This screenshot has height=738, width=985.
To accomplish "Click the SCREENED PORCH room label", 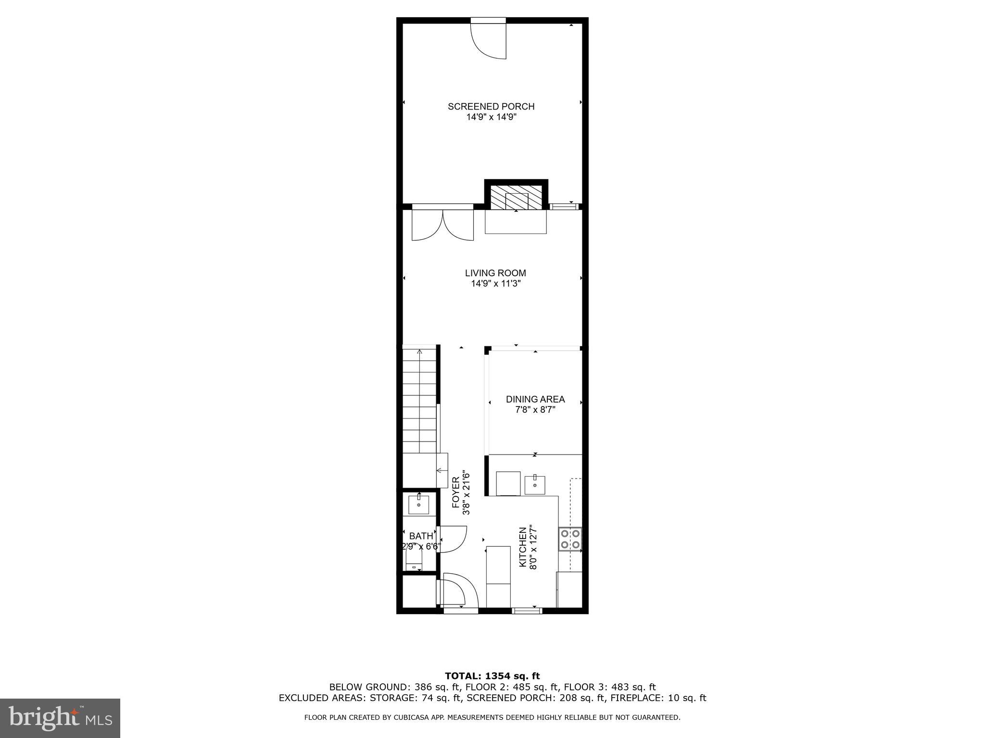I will point(491,107).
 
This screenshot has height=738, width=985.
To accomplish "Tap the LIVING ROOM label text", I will point(495,273).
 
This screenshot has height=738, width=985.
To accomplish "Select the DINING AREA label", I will point(535,399).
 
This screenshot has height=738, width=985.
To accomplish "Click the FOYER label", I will point(455,492).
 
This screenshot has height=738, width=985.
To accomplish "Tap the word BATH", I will point(421,536).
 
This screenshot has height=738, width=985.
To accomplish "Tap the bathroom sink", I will point(419,504).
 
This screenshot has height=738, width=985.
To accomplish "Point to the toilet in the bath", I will point(414,560).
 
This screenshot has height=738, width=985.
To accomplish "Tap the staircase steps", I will point(419,401).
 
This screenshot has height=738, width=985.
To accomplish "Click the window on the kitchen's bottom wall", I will point(527,611).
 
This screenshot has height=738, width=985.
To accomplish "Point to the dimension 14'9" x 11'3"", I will point(495,284).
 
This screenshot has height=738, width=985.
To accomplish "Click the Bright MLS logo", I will point(60,718).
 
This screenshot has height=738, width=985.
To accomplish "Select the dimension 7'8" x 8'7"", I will point(535,410).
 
